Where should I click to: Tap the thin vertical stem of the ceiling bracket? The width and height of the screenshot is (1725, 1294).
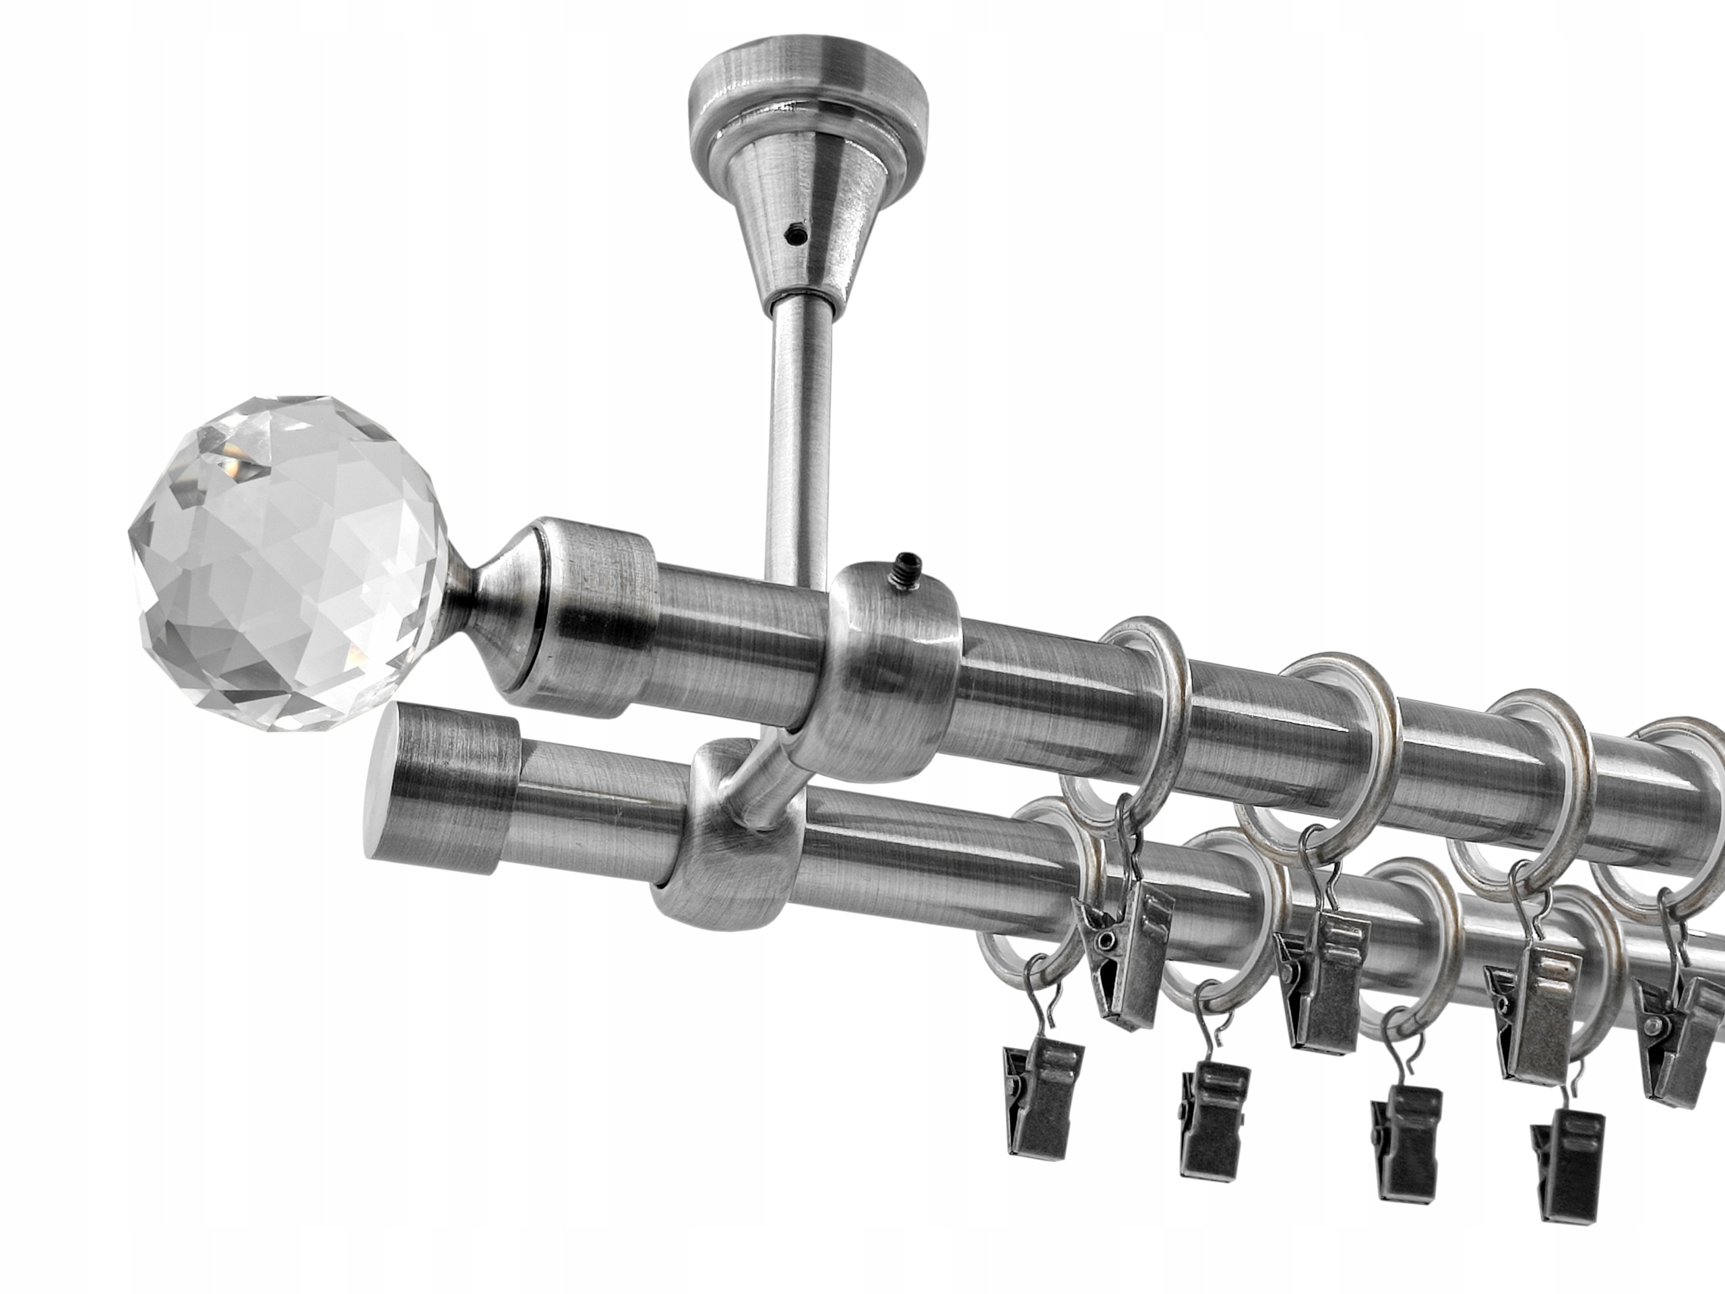(795, 437)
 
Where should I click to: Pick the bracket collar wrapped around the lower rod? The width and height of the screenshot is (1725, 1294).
(725, 866)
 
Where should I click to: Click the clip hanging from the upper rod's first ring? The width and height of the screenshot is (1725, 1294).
(1123, 967)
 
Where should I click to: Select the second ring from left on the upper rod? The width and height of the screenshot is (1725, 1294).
(1325, 749)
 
